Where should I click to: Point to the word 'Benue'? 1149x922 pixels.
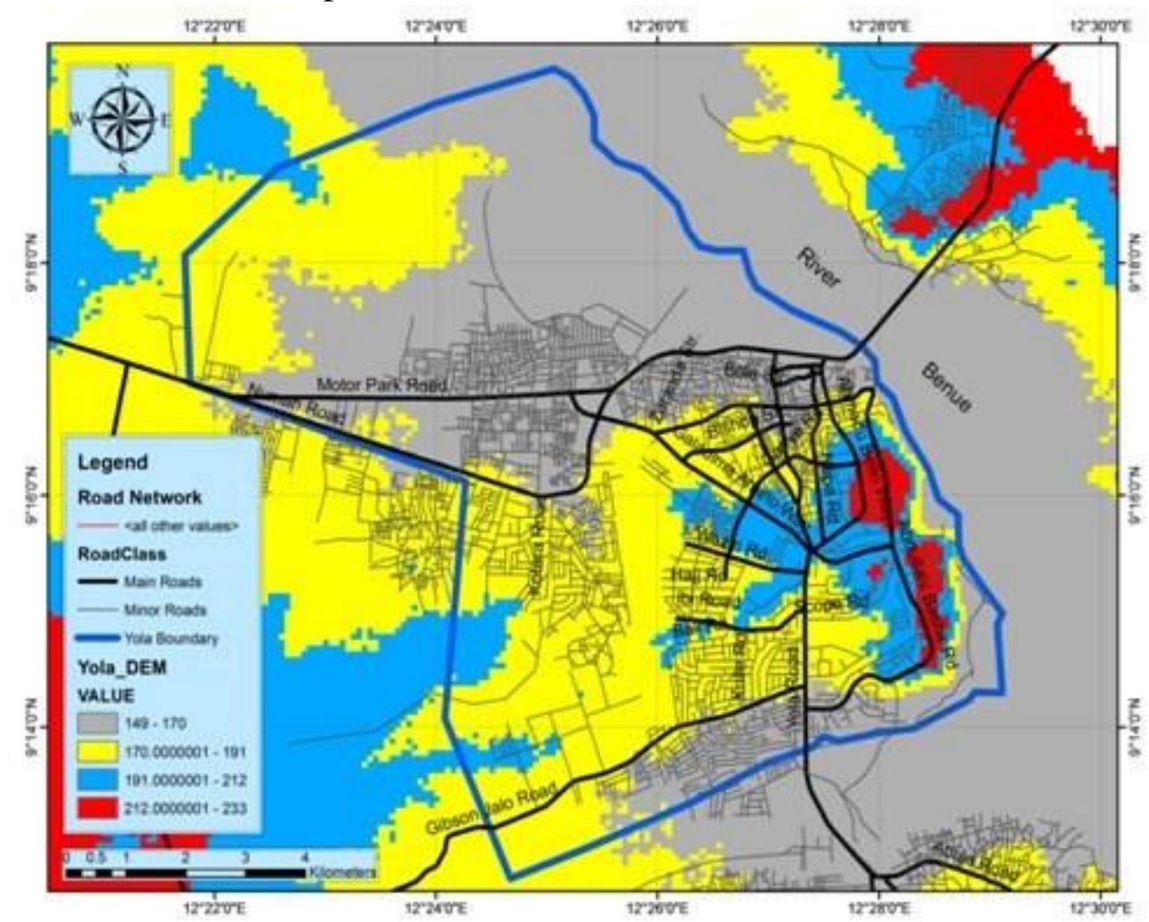[x=947, y=387]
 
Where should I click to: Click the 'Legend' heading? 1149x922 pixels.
[x=112, y=462]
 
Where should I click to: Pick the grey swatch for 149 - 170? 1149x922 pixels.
[x=98, y=723]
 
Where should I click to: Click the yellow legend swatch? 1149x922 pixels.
[x=98, y=752]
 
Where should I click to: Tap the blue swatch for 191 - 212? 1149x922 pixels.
[x=98, y=780]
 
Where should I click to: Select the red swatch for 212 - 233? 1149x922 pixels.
[x=98, y=808]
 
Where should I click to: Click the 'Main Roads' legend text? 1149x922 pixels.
[x=163, y=581]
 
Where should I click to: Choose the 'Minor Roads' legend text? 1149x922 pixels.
[x=165, y=610]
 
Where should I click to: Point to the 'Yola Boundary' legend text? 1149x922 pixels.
[x=171, y=638]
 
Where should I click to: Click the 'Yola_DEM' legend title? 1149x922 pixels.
[x=122, y=667]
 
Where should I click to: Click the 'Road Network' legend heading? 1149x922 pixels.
[x=140, y=497]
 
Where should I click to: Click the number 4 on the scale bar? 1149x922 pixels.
[x=303, y=856]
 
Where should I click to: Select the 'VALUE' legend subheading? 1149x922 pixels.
[x=105, y=696]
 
